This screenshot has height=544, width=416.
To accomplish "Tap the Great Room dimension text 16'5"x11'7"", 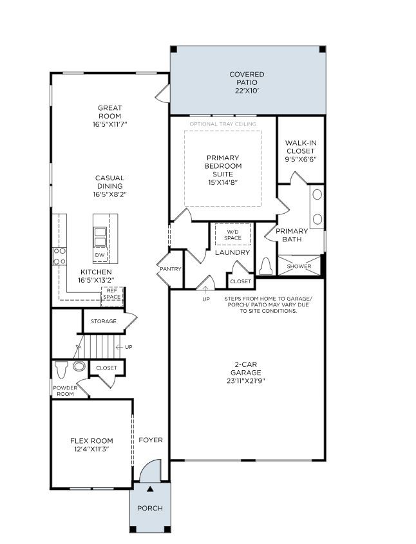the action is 109,124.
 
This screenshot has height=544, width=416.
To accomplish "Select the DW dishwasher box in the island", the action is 100,255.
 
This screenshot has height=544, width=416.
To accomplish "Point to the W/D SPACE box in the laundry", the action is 232,235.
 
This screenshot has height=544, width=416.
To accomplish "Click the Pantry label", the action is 171,269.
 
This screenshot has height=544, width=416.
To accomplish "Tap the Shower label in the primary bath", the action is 299,266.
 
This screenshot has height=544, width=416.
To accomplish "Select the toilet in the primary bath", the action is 266,266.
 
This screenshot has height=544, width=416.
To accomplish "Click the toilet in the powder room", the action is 62,370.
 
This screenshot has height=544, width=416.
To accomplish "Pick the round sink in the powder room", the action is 79,366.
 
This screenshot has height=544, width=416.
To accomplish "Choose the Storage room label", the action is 104,321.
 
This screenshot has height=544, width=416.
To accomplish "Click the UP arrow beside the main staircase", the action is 120,347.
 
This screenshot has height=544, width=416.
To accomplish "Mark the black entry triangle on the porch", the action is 150,489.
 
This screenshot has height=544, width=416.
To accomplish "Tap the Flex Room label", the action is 91,441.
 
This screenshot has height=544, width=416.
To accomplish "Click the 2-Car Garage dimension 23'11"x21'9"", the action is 245,381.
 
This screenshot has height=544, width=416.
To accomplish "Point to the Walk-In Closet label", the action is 301,147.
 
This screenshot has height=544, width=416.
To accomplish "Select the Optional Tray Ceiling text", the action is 223,124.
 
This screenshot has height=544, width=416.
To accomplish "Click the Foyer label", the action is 151,440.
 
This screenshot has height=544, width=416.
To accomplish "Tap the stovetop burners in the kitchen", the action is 59,256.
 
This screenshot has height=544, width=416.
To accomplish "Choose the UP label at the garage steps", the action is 206,299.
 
